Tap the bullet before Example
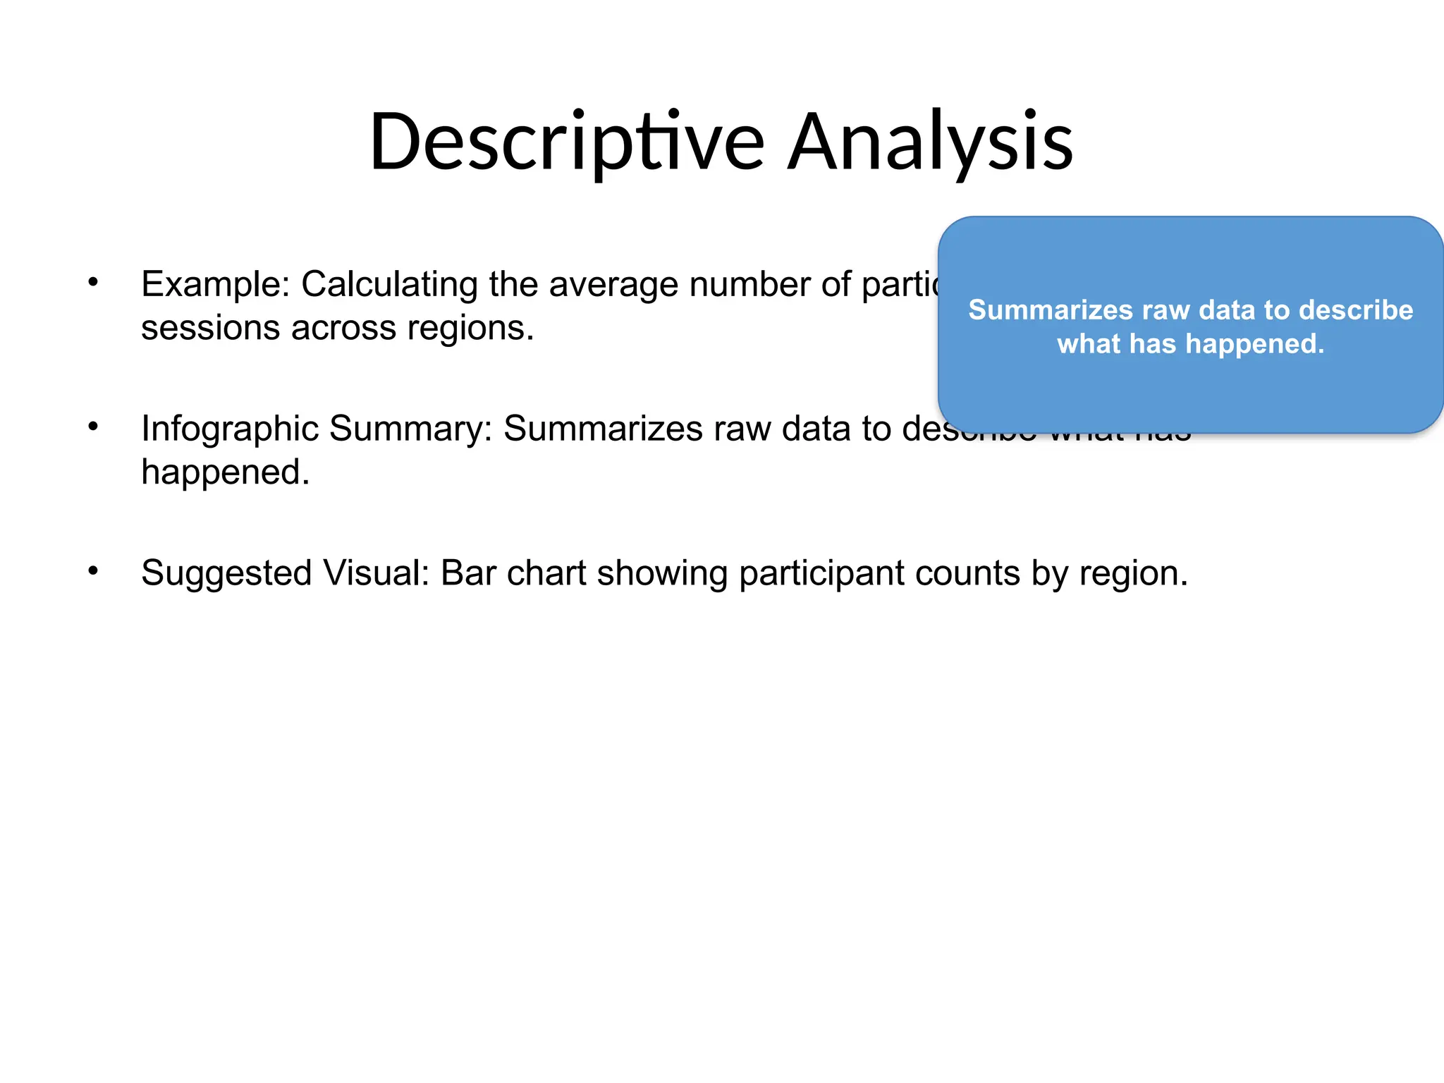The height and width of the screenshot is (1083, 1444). click(92, 282)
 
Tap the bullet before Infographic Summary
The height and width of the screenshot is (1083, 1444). click(92, 427)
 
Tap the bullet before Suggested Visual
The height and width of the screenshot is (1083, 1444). click(92, 570)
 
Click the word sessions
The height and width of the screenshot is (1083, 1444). click(209, 328)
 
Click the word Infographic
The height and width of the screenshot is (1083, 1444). click(228, 429)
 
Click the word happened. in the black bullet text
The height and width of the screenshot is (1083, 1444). click(225, 472)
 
